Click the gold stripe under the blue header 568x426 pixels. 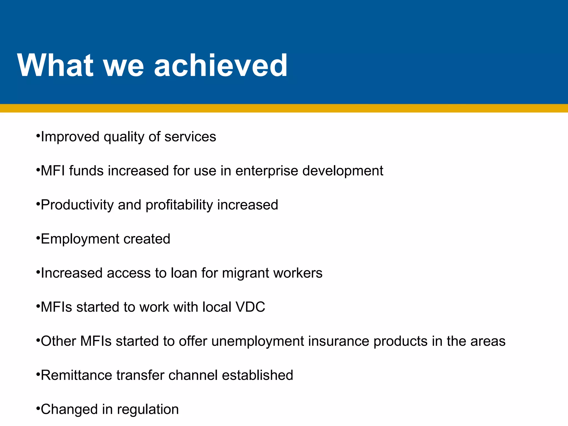tap(284, 108)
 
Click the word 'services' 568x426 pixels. tap(190, 137)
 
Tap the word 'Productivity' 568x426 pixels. tap(77, 205)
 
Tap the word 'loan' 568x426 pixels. tap(184, 273)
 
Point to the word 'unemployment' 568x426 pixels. tap(258, 341)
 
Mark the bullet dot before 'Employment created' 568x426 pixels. tap(38, 238)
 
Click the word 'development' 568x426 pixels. tap(343, 171)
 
